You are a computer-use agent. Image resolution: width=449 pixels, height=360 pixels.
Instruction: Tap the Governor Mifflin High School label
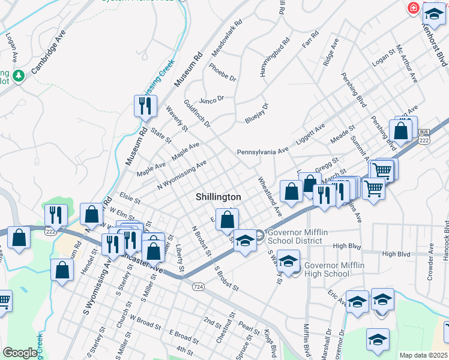point(327,269)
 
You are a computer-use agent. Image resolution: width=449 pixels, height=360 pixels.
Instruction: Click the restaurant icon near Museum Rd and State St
point(145,106)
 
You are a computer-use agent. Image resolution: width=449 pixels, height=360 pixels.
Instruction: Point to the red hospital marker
point(413,8)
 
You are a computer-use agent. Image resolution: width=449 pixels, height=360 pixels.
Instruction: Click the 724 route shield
point(197,287)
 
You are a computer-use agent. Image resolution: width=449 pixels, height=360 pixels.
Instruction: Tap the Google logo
point(20,353)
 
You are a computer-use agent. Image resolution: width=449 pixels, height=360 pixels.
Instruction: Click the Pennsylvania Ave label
point(262,152)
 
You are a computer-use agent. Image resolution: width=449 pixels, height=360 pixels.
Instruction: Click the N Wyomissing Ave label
point(182,173)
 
